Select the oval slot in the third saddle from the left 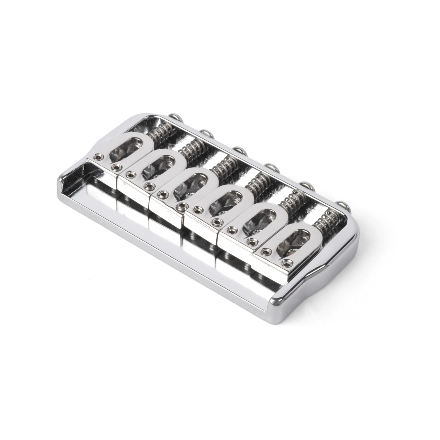pos(190,186)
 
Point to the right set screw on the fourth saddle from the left pos(218,221)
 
